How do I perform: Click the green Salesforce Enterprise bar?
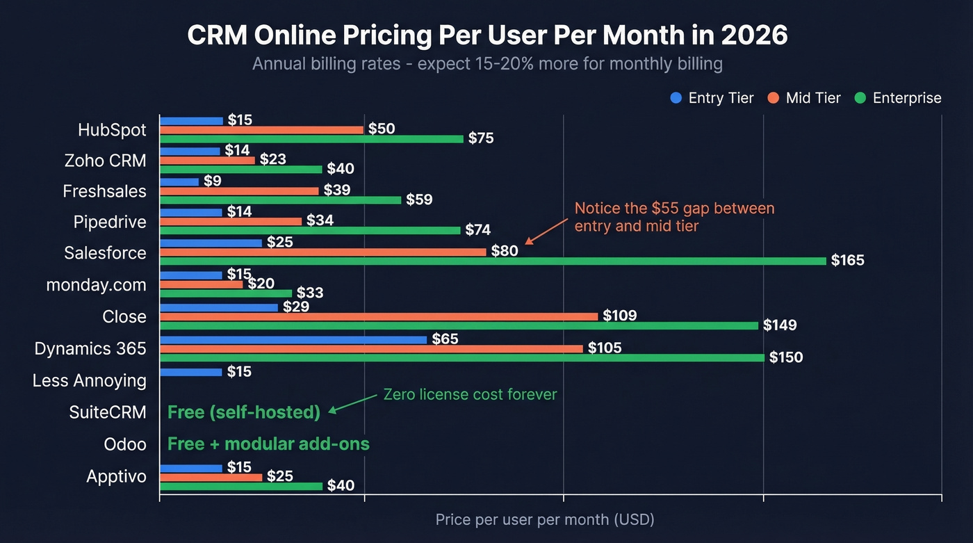tap(493, 261)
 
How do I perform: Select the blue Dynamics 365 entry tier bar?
tap(293, 339)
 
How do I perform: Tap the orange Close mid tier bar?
tap(379, 316)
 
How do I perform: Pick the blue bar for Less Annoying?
tap(191, 372)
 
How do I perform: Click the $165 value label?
tap(848, 261)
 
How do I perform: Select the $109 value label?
tap(620, 316)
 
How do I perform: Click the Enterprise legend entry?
tap(899, 98)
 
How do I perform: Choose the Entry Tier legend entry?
tap(712, 98)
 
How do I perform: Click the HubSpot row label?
tap(112, 130)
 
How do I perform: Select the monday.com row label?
tap(96, 285)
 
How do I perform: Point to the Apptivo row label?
tap(116, 477)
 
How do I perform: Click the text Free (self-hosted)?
tap(244, 412)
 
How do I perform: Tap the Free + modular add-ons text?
tap(268, 444)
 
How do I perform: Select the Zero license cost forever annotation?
tap(470, 395)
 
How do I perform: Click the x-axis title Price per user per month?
tap(545, 519)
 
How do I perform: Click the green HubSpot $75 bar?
tap(311, 139)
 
